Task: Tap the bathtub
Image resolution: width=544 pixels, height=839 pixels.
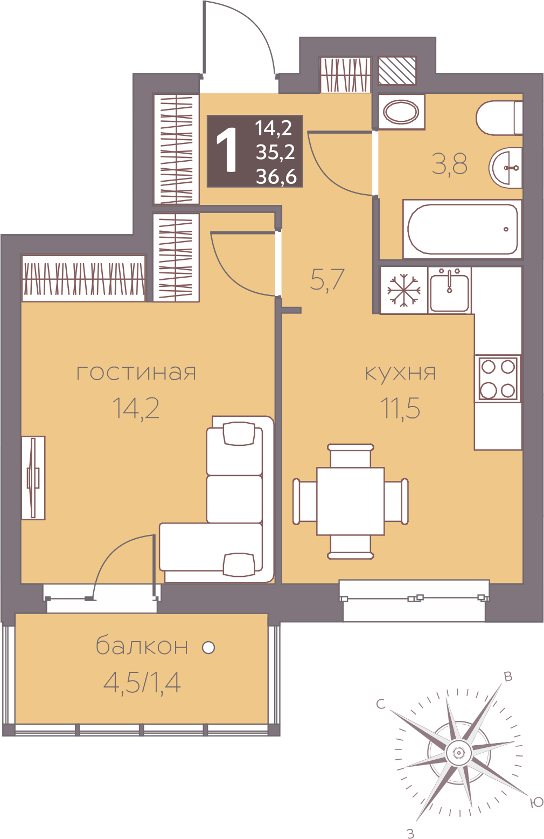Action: [x=463, y=229]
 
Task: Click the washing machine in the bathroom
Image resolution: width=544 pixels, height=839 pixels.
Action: [x=401, y=112]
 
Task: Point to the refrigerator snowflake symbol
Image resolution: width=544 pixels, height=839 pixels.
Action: [x=404, y=290]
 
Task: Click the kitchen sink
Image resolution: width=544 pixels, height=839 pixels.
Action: [x=449, y=290]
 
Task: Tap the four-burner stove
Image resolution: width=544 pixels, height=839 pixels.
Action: [x=498, y=379]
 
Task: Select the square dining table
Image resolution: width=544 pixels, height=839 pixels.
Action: [x=350, y=501]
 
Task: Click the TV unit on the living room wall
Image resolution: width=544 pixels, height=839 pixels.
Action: [x=33, y=478]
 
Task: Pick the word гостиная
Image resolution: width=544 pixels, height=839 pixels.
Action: [x=136, y=373]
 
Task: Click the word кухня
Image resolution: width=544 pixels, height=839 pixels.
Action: [x=400, y=373]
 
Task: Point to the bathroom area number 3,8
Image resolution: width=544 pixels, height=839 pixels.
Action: [x=449, y=164]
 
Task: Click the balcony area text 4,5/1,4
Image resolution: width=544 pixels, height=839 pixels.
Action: [x=142, y=683]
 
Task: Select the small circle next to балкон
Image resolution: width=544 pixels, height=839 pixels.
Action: [x=208, y=647]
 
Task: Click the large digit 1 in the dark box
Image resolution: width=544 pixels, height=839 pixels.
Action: [x=227, y=150]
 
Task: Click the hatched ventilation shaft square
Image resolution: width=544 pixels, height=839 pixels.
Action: [x=397, y=71]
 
